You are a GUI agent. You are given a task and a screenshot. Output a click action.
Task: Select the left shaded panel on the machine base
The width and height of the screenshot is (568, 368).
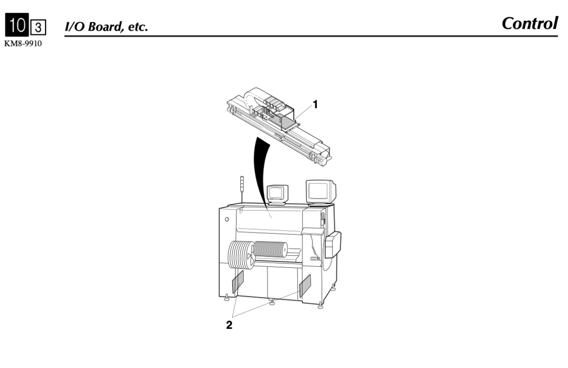[x=237, y=282]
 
